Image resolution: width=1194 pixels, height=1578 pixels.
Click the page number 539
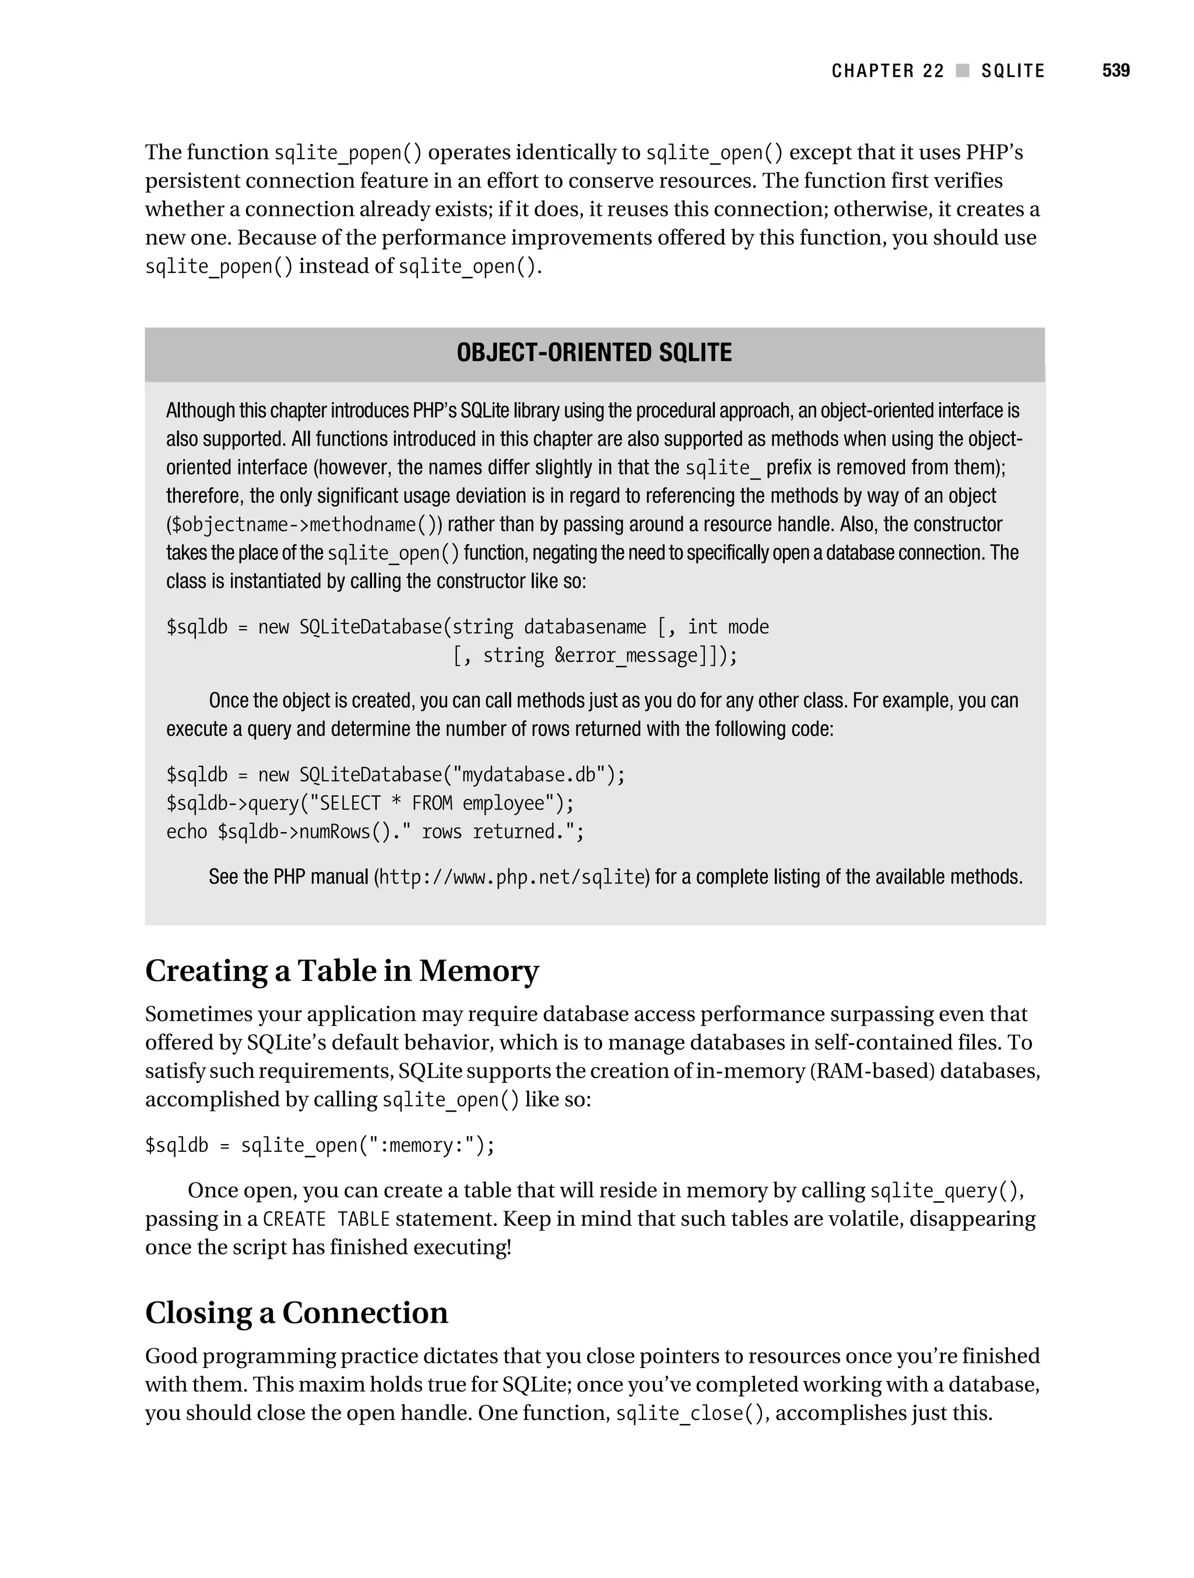pyautogui.click(x=1115, y=71)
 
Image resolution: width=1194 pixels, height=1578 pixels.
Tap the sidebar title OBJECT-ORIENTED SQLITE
pyautogui.click(x=594, y=352)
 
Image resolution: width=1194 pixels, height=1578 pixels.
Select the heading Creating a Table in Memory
pyautogui.click(x=342, y=971)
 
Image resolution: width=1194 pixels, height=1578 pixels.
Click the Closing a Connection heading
pyautogui.click(x=296, y=1313)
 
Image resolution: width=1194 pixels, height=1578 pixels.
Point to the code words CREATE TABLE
pyautogui.click(x=326, y=1219)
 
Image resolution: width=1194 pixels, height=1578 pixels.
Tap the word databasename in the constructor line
pyautogui.click(x=585, y=627)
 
